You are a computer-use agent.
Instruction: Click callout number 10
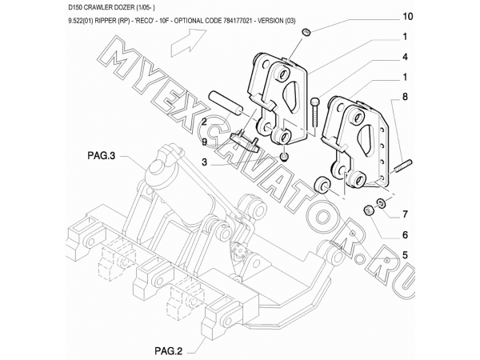407,16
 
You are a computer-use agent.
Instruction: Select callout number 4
405,57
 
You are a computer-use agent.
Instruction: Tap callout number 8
405,97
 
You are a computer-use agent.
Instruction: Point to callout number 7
405,214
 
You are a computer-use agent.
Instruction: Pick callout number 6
405,234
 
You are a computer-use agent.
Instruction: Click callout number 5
405,254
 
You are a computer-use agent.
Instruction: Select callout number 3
204,162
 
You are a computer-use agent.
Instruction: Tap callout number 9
204,142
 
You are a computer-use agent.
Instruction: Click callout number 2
204,122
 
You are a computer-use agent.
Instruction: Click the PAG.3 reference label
102,156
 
